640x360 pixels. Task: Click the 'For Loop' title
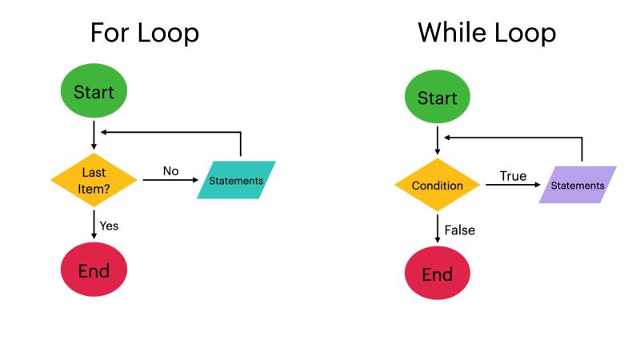pyautogui.click(x=144, y=34)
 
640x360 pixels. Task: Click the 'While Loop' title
pyautogui.click(x=486, y=34)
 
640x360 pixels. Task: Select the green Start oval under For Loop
pyautogui.click(x=94, y=92)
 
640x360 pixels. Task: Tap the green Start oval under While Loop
pyautogui.click(x=438, y=98)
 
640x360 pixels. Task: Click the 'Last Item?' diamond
pyautogui.click(x=94, y=180)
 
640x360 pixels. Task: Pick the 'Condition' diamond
pyautogui.click(x=438, y=186)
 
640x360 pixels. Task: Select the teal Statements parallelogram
pyautogui.click(x=236, y=180)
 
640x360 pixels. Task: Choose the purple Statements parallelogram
pyautogui.click(x=578, y=186)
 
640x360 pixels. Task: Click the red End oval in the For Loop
pyautogui.click(x=94, y=270)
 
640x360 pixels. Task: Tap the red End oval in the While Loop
pyautogui.click(x=438, y=274)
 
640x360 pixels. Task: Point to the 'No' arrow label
pyautogui.click(x=170, y=170)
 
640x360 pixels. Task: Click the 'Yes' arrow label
pyautogui.click(x=109, y=226)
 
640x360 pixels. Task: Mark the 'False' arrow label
pyautogui.click(x=459, y=230)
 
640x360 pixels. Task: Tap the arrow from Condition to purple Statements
pyautogui.click(x=513, y=186)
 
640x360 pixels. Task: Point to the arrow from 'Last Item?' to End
pyautogui.click(x=94, y=224)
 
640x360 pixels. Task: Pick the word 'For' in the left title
pyautogui.click(x=110, y=34)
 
